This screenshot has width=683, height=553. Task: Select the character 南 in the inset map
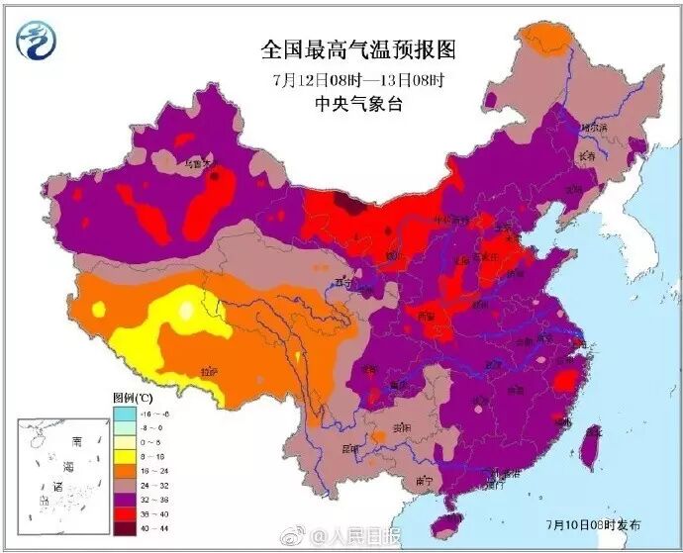pos(75,440)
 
